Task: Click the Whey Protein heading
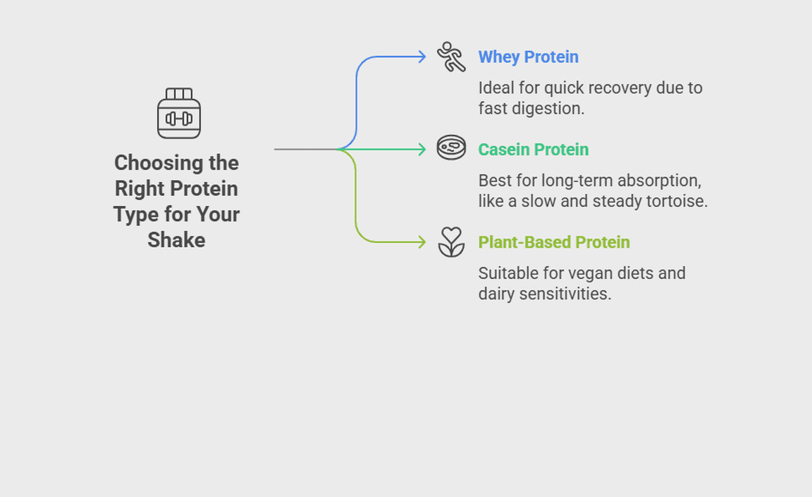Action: pos(528,56)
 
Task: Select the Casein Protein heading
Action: pos(534,150)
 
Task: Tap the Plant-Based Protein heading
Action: pos(554,242)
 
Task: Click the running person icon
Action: pos(451,56)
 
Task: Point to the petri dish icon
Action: pos(451,148)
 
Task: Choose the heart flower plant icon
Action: pos(451,241)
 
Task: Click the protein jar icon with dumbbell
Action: pos(178,113)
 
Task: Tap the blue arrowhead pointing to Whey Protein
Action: pos(422,56)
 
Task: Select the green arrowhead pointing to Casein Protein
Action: pos(422,150)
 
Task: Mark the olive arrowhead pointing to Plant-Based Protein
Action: pos(422,241)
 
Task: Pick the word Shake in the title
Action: pos(177,240)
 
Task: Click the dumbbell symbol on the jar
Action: pos(178,119)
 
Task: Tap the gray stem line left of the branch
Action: pos(305,150)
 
